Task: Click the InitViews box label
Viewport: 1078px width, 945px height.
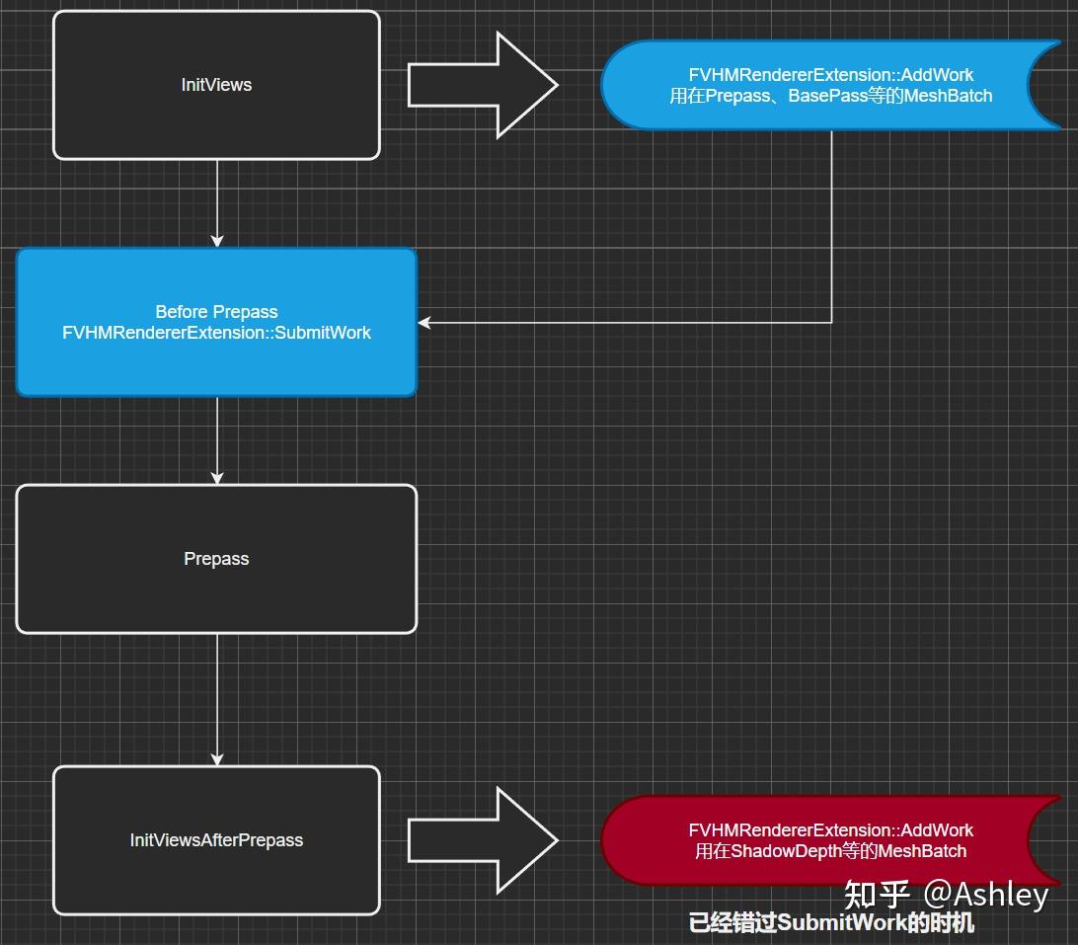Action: tap(216, 85)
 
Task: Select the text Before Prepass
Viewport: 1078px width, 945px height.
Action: tap(216, 312)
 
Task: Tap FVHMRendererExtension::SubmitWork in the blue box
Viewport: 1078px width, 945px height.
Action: tap(216, 333)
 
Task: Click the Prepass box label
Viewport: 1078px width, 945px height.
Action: tap(216, 559)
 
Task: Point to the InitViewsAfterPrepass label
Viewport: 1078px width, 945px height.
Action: tap(216, 840)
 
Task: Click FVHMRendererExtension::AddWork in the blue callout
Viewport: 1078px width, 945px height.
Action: tap(830, 75)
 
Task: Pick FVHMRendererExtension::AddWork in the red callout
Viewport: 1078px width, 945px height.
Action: tap(830, 830)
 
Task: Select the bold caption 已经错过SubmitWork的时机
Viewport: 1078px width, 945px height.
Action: tap(831, 923)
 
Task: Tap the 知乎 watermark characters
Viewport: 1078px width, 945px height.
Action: tap(877, 895)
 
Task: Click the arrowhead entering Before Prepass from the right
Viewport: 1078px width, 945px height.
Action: tap(424, 322)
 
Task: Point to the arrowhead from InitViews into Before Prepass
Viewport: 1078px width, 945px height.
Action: tap(217, 240)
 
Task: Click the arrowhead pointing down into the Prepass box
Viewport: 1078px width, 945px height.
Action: tap(217, 477)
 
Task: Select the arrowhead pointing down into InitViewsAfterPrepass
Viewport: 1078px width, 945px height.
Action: tap(217, 758)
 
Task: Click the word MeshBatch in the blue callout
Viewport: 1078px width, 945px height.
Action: tap(945, 96)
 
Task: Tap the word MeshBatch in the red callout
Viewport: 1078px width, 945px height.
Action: tap(922, 851)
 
